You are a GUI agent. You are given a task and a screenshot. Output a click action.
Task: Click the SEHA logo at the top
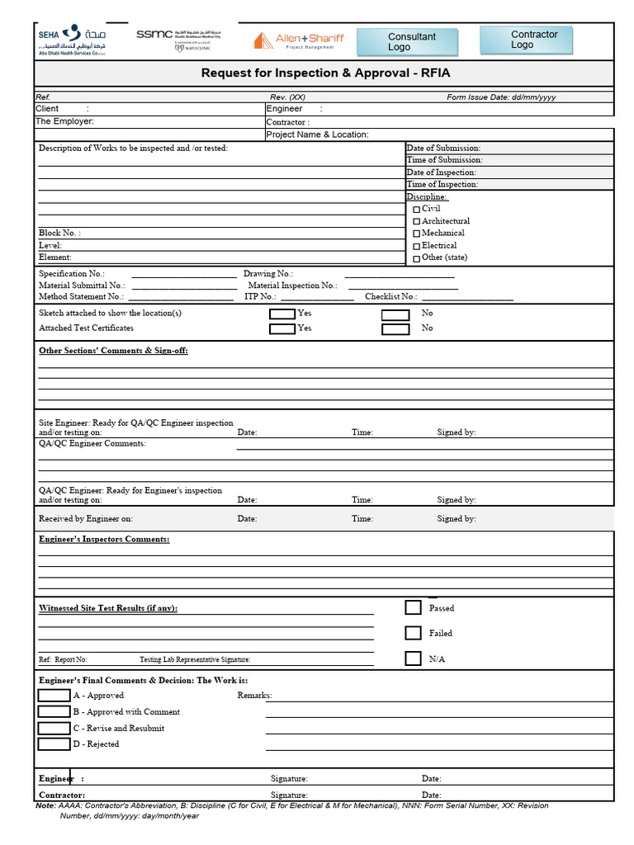pyautogui.click(x=71, y=40)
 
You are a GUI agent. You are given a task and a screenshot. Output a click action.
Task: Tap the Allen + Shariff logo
pyautogui.click(x=298, y=40)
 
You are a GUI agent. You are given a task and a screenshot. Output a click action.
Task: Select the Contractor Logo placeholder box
pyautogui.click(x=526, y=40)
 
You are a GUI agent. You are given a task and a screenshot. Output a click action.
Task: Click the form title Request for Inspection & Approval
pyautogui.click(x=326, y=73)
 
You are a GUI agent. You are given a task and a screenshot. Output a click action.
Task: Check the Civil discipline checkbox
pyautogui.click(x=417, y=210)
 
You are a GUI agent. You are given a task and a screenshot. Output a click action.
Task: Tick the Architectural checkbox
pyautogui.click(x=417, y=222)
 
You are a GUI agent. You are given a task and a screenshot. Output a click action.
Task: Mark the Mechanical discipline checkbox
pyautogui.click(x=417, y=234)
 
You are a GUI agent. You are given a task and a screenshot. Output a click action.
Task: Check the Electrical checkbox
pyautogui.click(x=417, y=246)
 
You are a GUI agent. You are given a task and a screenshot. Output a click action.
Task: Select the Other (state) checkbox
pyautogui.click(x=417, y=258)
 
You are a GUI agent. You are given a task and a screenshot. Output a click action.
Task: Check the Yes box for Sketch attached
pyautogui.click(x=282, y=314)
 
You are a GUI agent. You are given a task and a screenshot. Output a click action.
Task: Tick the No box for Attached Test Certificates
pyautogui.click(x=395, y=329)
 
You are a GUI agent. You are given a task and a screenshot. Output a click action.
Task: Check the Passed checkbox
pyautogui.click(x=414, y=608)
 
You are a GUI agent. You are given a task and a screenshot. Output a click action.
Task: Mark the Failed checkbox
pyautogui.click(x=414, y=634)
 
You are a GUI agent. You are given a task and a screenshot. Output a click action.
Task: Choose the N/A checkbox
pyautogui.click(x=414, y=659)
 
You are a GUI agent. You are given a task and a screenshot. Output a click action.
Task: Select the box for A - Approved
pyautogui.click(x=54, y=696)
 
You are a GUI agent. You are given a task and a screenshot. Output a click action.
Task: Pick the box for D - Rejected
pyautogui.click(x=54, y=744)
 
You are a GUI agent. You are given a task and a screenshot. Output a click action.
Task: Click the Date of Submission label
pyautogui.click(x=443, y=149)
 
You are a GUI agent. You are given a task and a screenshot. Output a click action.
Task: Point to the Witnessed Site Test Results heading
pyautogui.click(x=108, y=608)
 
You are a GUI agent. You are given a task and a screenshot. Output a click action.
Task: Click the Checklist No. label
pyautogui.click(x=391, y=297)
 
